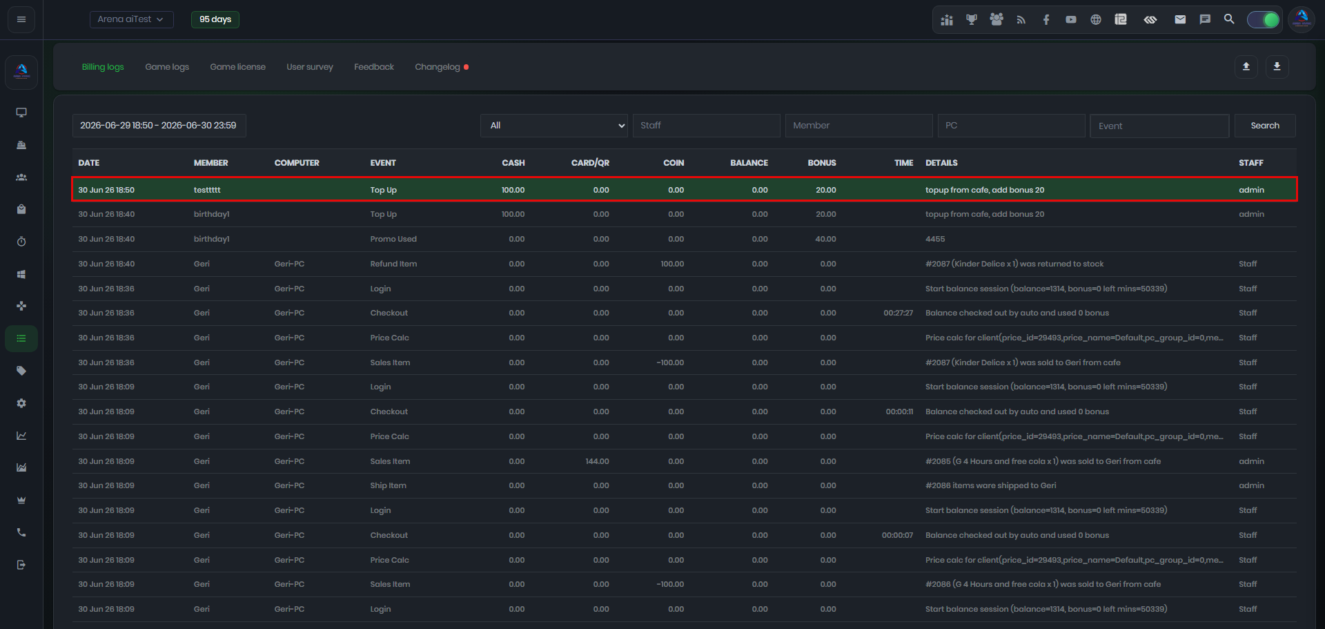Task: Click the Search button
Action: tap(1265, 126)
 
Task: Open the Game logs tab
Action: tap(167, 67)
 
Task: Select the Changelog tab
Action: tap(438, 67)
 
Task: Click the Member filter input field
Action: tap(858, 126)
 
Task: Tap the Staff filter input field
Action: tap(706, 126)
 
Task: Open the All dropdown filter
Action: tap(554, 126)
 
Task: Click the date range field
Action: tap(159, 126)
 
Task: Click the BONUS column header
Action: tap(822, 163)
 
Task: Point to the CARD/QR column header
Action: tap(590, 163)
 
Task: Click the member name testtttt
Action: tap(207, 190)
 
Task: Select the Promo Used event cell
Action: tap(393, 239)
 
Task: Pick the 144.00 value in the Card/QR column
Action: tap(597, 461)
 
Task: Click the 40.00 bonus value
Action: tap(825, 239)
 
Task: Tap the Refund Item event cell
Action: tap(393, 264)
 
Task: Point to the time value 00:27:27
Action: tap(898, 313)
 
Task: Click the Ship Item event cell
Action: tap(388, 485)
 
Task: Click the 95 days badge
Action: tap(215, 19)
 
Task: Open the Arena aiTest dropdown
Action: tap(131, 19)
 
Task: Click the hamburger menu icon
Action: tap(21, 19)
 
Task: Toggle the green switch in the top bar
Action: tap(1263, 20)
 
